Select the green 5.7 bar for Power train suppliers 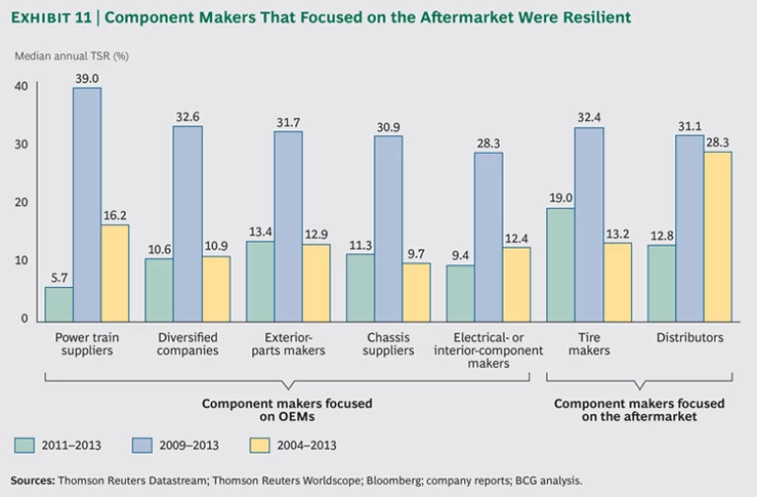(59, 304)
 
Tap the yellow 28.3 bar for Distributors (718, 237)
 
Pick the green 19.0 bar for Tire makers (560, 264)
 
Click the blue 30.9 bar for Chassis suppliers (387, 228)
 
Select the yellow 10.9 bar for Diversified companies (216, 288)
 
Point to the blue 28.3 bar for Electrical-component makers (488, 237)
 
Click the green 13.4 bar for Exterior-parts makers (259, 281)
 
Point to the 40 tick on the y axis (21, 87)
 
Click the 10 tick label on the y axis (21, 261)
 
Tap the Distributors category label (690, 337)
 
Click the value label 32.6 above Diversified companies (187, 115)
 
